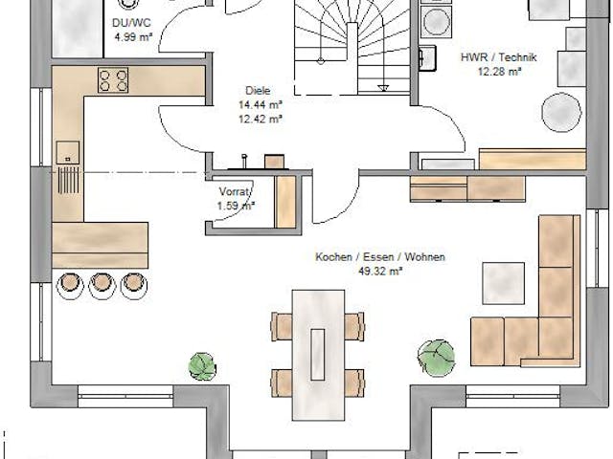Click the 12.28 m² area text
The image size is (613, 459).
500,71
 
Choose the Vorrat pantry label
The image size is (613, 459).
234,191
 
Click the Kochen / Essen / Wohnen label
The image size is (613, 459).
380,257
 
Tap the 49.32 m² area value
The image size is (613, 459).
380,271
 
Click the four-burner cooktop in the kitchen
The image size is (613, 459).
113,80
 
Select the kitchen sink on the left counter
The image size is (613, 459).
68,151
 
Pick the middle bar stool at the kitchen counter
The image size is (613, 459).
101,283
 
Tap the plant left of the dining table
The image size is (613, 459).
203,365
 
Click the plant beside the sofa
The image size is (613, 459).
436,355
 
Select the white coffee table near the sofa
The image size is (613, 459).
503,282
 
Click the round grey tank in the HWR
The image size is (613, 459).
561,112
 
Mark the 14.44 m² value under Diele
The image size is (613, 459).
261,106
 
